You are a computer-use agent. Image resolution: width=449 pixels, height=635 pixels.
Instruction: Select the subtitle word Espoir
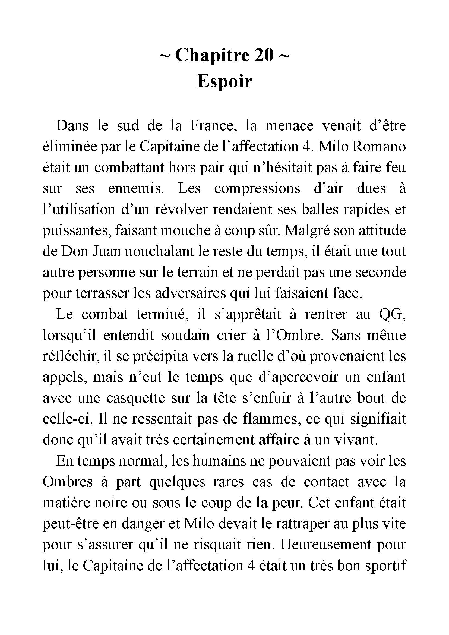[224, 81]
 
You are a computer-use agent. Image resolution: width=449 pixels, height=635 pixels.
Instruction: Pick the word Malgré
[306, 230]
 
